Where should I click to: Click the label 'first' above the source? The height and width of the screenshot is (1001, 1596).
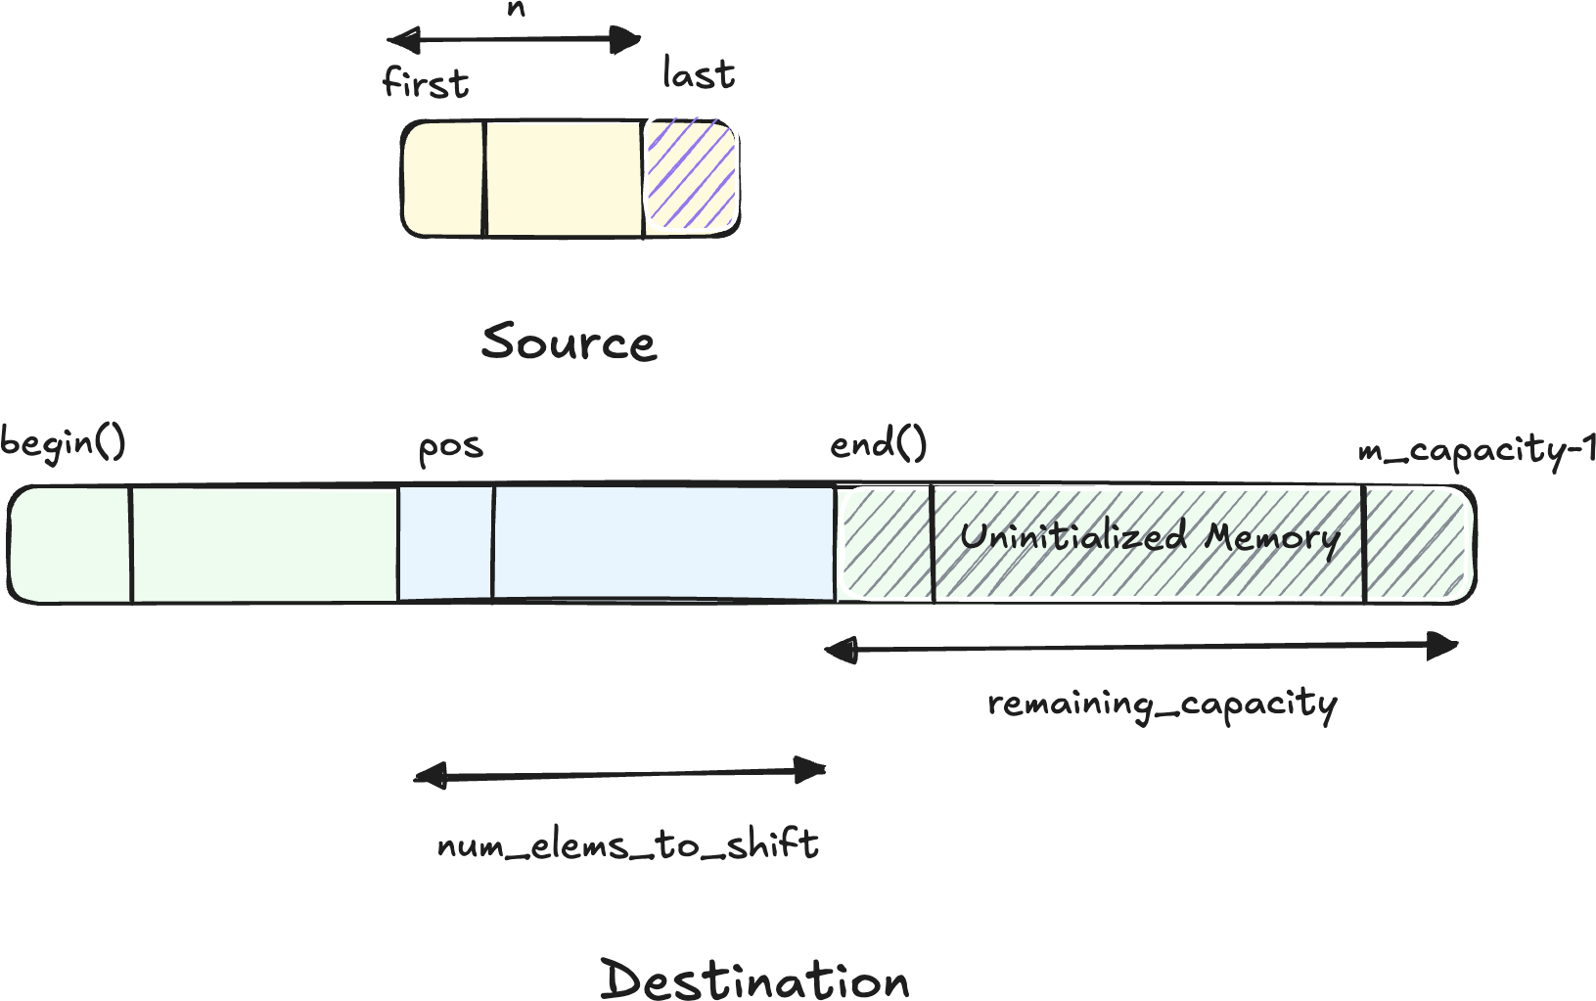tap(426, 83)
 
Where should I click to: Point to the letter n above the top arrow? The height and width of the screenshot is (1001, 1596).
tap(516, 10)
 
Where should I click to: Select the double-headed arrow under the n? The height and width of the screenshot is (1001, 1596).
tap(515, 40)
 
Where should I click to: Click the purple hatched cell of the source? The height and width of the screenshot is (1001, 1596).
tap(690, 177)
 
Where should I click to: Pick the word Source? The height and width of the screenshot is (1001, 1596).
tap(569, 342)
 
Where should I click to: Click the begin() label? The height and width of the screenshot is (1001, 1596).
tap(63, 443)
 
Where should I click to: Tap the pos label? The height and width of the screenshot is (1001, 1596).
tap(450, 448)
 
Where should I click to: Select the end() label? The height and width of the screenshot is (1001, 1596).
tap(878, 445)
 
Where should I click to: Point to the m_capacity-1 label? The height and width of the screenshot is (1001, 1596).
tap(1476, 451)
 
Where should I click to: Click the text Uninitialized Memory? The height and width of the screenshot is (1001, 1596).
tap(1149, 537)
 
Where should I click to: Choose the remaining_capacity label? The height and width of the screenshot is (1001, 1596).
tap(1162, 705)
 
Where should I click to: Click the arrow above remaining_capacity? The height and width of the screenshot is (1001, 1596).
tap(1141, 648)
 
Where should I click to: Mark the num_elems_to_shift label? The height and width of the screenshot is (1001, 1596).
tap(627, 844)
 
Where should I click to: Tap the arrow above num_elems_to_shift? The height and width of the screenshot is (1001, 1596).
tap(620, 775)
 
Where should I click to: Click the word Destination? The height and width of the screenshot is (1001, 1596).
tap(754, 979)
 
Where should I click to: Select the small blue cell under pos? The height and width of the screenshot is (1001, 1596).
tap(445, 544)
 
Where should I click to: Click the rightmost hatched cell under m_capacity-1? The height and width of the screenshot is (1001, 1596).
tap(1417, 544)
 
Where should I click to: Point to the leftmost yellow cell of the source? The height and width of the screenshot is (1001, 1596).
tap(443, 179)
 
